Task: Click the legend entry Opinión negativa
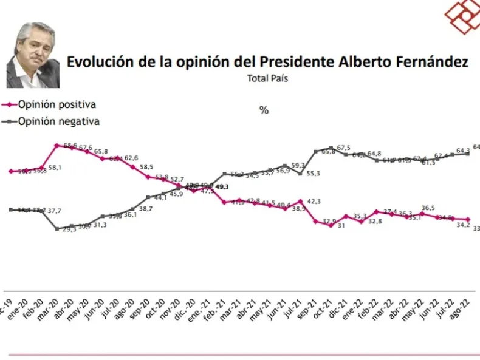pos(58,121)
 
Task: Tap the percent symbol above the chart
pos(264,110)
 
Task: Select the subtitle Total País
pos(267,78)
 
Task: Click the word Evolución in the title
pos(100,62)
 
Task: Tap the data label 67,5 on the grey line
pos(345,148)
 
